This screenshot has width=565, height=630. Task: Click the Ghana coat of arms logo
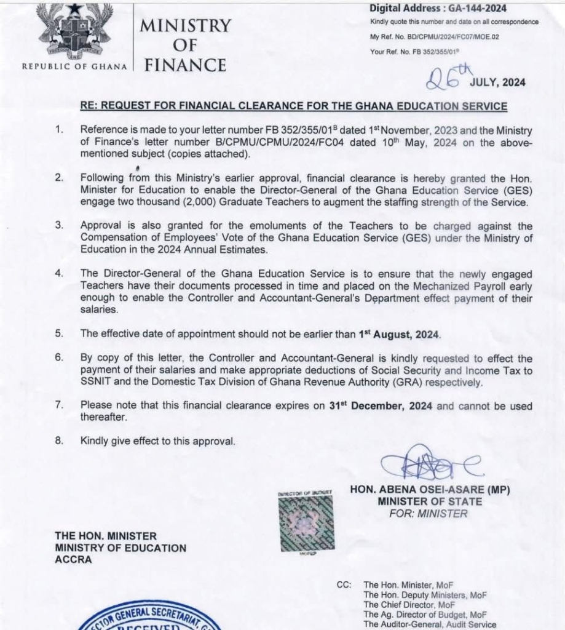[73, 31]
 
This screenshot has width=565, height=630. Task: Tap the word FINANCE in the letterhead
[185, 65]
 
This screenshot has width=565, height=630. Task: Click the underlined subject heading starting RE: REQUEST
[294, 106]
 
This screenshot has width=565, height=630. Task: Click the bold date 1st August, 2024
[400, 335]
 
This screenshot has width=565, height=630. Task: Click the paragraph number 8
[59, 441]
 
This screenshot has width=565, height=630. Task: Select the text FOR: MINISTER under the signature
[429, 513]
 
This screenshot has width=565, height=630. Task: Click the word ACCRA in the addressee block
[73, 559]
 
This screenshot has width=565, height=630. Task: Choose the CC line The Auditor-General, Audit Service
[430, 624]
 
